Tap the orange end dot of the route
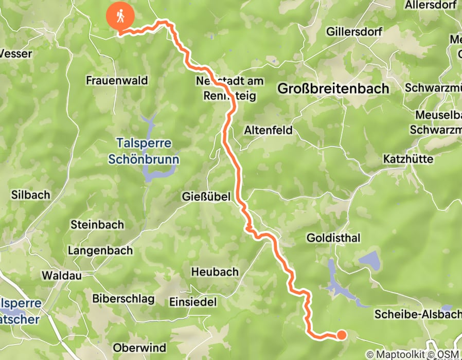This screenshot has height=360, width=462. click(x=341, y=335)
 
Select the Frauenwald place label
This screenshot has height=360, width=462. click(x=117, y=80)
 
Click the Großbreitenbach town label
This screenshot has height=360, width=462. click(x=333, y=88)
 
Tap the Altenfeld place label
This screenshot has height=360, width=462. click(x=269, y=130)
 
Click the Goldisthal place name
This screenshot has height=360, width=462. click(x=333, y=238)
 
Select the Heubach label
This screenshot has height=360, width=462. click(x=215, y=272)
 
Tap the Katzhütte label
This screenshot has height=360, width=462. click(x=408, y=159)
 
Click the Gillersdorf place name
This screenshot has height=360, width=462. click(x=354, y=32)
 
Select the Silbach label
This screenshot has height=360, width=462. click(x=31, y=195)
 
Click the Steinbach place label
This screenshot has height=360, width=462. click(x=97, y=225)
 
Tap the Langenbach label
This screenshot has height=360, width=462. click(x=100, y=251)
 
